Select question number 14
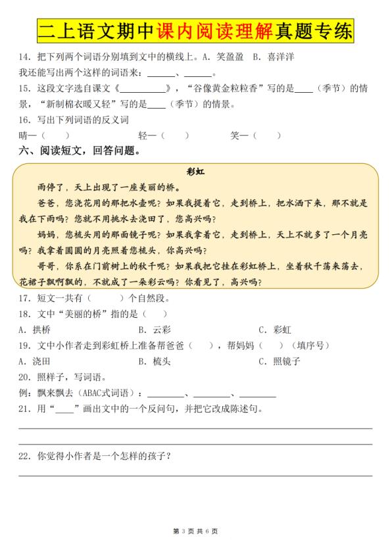click(x=24, y=57)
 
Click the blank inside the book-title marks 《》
click(x=143, y=88)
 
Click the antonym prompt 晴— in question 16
click(x=28, y=136)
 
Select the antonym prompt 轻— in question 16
click(x=147, y=136)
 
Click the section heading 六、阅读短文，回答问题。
click(x=79, y=151)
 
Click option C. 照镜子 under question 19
click(x=279, y=361)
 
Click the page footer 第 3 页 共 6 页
click(x=195, y=530)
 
